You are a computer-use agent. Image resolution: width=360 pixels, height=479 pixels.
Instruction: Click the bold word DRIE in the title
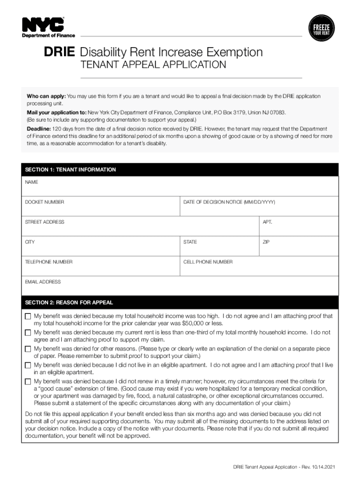[59, 52]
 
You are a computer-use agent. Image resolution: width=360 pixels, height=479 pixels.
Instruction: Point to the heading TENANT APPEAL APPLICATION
[154, 65]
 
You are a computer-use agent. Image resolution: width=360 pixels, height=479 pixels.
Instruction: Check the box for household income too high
[28, 317]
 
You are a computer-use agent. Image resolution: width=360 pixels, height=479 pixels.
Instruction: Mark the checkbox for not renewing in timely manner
[28, 382]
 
